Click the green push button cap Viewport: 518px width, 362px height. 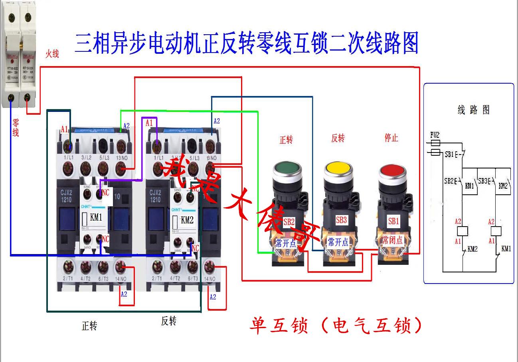coord(286,167)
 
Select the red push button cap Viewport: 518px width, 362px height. coord(392,171)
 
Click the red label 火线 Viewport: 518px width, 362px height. coord(52,54)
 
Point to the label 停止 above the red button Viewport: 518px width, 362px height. coord(391,138)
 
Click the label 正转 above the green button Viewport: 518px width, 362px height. coord(286,140)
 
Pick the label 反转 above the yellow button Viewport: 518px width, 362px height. coord(338,138)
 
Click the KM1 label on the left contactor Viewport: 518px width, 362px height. coord(96,217)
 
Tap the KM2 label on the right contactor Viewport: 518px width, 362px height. coord(187,219)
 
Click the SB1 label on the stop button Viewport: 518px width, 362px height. coord(393,221)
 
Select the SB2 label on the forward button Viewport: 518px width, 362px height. coord(289,222)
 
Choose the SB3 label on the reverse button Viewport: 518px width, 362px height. coord(341,220)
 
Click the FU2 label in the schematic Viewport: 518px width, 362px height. coord(435,135)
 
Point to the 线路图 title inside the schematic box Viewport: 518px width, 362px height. coord(473,110)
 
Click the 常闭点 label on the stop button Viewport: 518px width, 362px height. coord(393,240)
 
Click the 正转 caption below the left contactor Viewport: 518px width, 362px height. coord(89,326)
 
